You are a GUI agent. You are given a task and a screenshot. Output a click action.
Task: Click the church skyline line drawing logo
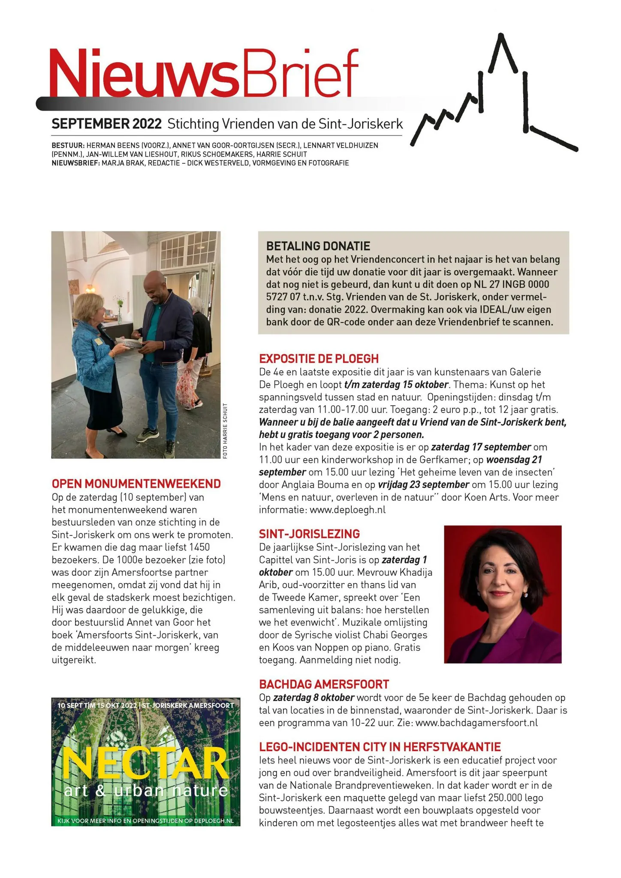point(493,99)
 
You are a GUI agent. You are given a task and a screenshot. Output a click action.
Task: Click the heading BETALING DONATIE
point(318,246)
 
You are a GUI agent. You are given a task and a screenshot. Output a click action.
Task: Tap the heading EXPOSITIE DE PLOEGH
point(319,358)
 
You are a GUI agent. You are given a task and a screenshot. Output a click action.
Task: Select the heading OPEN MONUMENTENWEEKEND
point(136,484)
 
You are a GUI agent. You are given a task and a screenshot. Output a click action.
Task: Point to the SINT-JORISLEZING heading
point(309,534)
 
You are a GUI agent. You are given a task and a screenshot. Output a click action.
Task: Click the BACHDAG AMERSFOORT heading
point(324,684)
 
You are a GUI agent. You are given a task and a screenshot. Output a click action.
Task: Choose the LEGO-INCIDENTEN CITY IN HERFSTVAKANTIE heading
point(380,747)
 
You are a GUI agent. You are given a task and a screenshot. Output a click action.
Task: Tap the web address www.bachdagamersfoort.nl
point(476,723)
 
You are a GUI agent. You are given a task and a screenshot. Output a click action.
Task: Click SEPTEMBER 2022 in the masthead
point(106,124)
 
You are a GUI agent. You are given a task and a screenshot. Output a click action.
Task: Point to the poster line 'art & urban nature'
point(146,791)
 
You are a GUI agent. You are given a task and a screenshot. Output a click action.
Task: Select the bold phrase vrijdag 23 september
point(423,485)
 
